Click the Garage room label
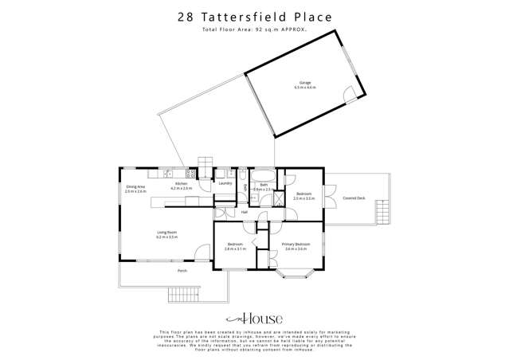(x=303, y=81)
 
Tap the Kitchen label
(x=182, y=184)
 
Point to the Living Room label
(x=166, y=233)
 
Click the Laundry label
(x=224, y=184)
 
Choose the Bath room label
(x=262, y=184)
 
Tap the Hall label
(x=245, y=212)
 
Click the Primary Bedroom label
(x=296, y=245)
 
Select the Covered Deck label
(x=354, y=198)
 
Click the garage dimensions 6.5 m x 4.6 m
(x=303, y=87)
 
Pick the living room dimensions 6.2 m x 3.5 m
(x=166, y=237)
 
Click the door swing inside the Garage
(x=348, y=94)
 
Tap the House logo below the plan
(x=253, y=315)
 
